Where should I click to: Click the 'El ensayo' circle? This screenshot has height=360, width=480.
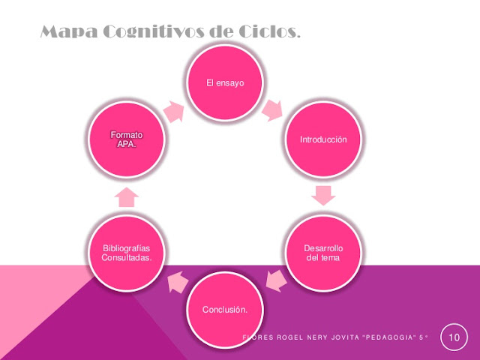(226, 82)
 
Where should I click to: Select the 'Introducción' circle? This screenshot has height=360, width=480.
(323, 139)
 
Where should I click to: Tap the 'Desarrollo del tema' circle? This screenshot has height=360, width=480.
(323, 253)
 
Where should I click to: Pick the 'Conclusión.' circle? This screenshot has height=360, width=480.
(226, 310)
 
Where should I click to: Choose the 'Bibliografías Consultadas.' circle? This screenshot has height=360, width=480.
(127, 253)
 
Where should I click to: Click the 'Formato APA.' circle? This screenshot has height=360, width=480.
(127, 139)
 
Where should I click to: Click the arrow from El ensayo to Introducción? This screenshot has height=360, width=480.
(271, 111)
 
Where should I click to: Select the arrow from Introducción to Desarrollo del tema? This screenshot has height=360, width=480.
(323, 196)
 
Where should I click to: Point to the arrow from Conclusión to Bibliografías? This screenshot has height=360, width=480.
(177, 282)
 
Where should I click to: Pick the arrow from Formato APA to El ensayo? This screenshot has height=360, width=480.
(174, 112)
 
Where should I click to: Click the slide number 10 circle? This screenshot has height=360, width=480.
(453, 337)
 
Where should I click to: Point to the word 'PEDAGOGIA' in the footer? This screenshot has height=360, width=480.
(391, 337)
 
